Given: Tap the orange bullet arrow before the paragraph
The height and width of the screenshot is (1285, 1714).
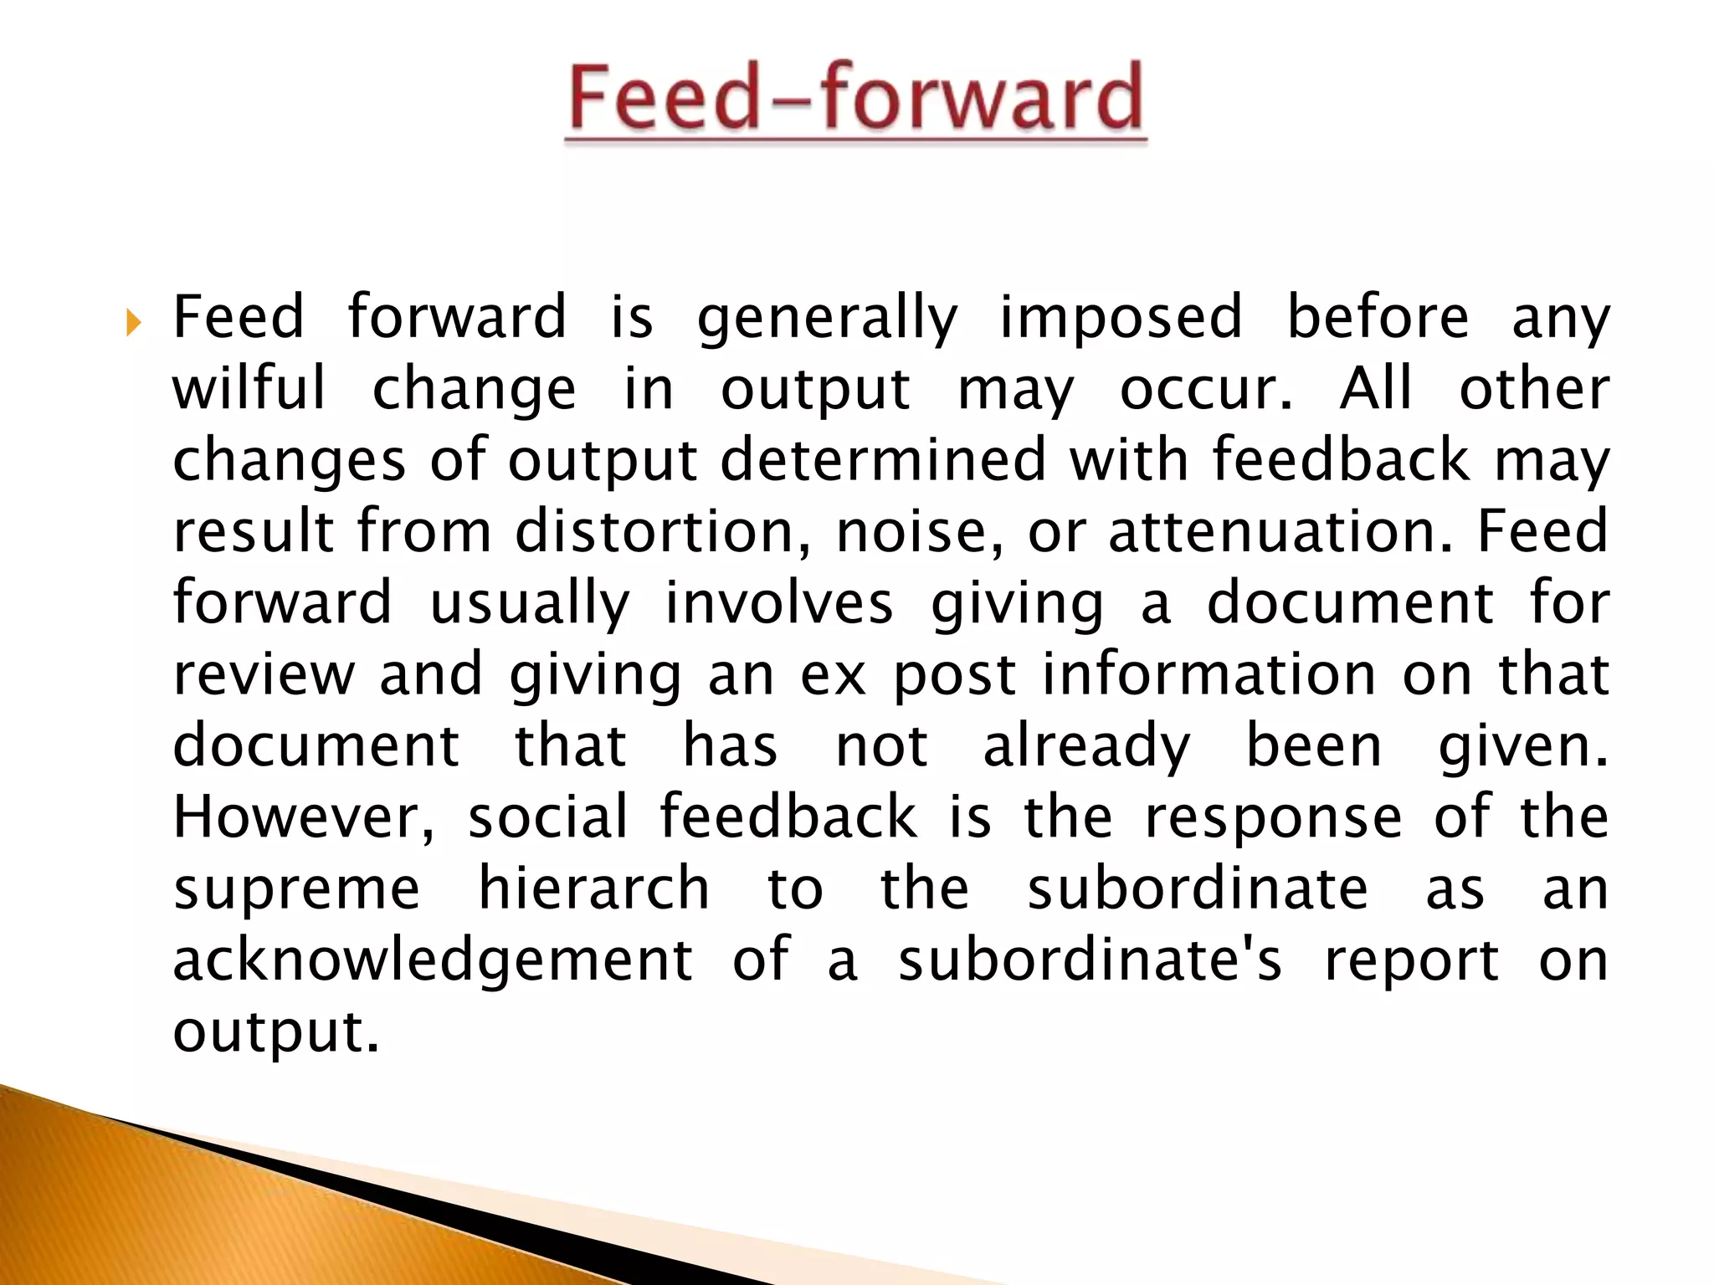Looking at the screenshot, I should (133, 322).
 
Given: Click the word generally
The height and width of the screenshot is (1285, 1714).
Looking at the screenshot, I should (827, 318).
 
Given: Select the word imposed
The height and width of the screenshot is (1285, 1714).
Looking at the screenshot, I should (1121, 318).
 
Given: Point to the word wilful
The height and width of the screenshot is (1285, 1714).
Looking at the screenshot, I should (249, 389).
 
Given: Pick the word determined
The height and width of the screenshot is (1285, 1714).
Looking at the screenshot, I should (882, 460).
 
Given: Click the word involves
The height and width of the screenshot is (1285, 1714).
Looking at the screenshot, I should (778, 603).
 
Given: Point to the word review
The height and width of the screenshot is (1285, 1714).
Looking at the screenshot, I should (263, 674).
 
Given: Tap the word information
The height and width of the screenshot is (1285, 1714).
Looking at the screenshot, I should (1209, 674).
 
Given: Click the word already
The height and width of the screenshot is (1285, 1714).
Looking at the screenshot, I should (1085, 746).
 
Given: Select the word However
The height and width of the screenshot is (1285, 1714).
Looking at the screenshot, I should (303, 817).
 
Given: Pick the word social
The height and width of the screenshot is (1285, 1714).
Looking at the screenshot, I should (547, 817).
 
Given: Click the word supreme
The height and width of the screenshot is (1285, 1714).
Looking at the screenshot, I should (296, 889).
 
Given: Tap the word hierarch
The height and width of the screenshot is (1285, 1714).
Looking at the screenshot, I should (593, 889).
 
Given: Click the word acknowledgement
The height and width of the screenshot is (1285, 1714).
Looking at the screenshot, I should (433, 960).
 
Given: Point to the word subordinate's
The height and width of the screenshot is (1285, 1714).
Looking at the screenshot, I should (1090, 960).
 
